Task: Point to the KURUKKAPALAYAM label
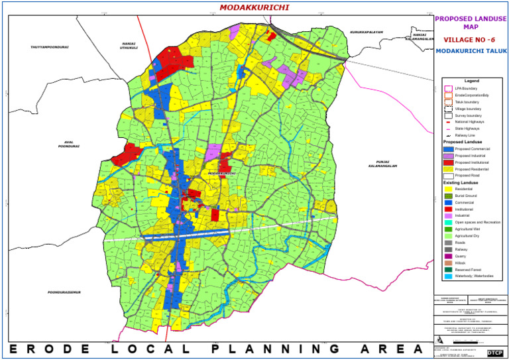(366, 31)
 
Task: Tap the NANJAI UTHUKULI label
(129, 46)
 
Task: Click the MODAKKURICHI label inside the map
(222, 174)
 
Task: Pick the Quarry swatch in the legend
(449, 256)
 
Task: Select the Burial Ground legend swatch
(449, 196)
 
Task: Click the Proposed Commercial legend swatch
(449, 149)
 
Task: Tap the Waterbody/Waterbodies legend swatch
(449, 276)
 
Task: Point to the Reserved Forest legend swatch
(449, 269)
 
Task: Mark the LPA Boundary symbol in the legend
(449, 88)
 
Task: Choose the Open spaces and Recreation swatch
(449, 222)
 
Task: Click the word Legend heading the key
(472, 81)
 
